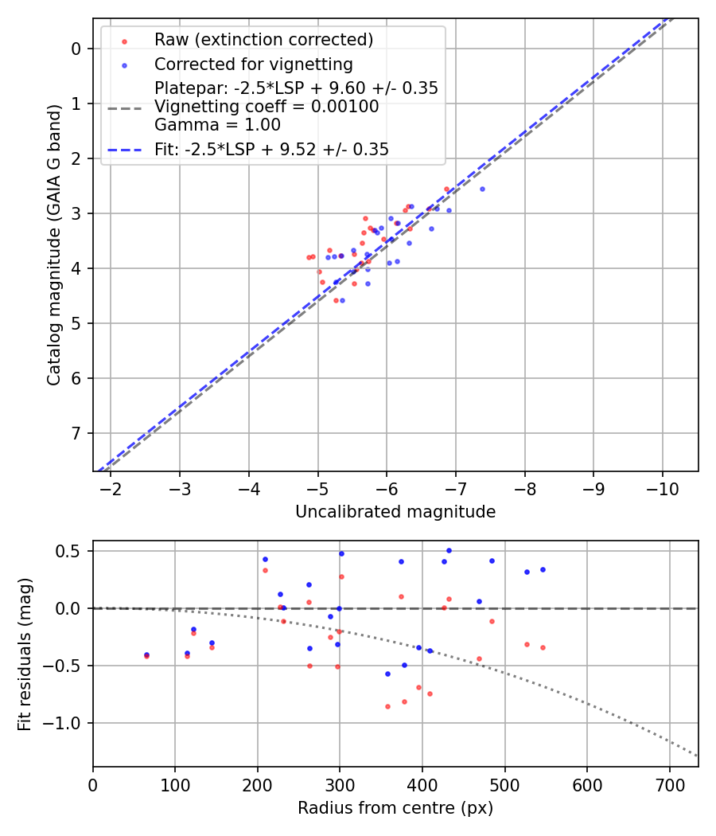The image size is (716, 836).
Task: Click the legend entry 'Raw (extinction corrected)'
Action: [263, 40]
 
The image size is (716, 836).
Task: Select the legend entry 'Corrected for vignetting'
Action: [254, 64]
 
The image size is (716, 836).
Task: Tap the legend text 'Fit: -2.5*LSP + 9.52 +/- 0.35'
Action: [271, 149]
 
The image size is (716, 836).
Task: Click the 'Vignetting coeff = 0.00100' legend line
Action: [267, 106]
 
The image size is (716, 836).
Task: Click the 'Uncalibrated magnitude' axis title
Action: [395, 512]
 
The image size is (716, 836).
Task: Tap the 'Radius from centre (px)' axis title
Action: [395, 808]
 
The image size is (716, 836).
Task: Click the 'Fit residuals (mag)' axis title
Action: [25, 654]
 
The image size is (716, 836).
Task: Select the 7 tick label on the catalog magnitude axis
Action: [76, 433]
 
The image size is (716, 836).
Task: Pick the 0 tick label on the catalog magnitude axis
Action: [76, 49]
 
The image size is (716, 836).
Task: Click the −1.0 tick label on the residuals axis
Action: [68, 723]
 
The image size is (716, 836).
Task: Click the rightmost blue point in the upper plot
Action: [482, 189]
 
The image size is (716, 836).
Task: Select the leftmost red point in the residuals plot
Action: [146, 656]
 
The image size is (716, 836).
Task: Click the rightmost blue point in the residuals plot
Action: [543, 569]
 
